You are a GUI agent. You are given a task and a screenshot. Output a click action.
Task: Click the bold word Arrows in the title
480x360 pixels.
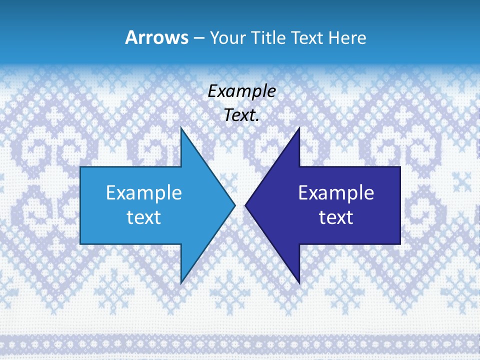[x=156, y=38]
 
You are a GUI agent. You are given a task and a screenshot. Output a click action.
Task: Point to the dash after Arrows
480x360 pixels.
[x=198, y=38]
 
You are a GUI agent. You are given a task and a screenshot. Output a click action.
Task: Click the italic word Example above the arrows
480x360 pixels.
[x=241, y=91]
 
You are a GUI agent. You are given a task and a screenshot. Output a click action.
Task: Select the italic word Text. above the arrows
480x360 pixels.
[x=241, y=115]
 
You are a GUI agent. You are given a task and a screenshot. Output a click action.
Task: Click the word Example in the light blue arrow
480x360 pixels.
[x=143, y=192]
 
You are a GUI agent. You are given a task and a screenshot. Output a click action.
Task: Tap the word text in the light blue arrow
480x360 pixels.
[x=143, y=217]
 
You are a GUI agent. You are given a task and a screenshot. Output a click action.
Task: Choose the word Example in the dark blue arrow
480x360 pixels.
[x=336, y=192]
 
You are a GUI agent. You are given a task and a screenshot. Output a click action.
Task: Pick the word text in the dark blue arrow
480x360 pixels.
[x=336, y=217]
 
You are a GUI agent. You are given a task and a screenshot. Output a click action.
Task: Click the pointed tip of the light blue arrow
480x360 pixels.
[x=234, y=205]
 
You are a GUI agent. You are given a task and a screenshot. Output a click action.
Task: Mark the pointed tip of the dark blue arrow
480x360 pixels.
[x=245, y=205]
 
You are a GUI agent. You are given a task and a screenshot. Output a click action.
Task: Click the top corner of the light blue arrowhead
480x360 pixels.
[x=181, y=128]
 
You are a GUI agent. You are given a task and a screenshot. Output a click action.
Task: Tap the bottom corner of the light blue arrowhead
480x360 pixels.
[x=181, y=283]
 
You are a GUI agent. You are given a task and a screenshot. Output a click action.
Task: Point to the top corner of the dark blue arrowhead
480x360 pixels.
[x=299, y=128]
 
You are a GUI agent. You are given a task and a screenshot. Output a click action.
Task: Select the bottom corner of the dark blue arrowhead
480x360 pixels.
[x=299, y=283]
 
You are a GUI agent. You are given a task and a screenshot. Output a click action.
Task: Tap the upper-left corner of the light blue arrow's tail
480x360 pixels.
[x=81, y=167]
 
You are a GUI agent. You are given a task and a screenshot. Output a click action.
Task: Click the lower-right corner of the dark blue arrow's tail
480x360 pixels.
[x=399, y=243]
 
